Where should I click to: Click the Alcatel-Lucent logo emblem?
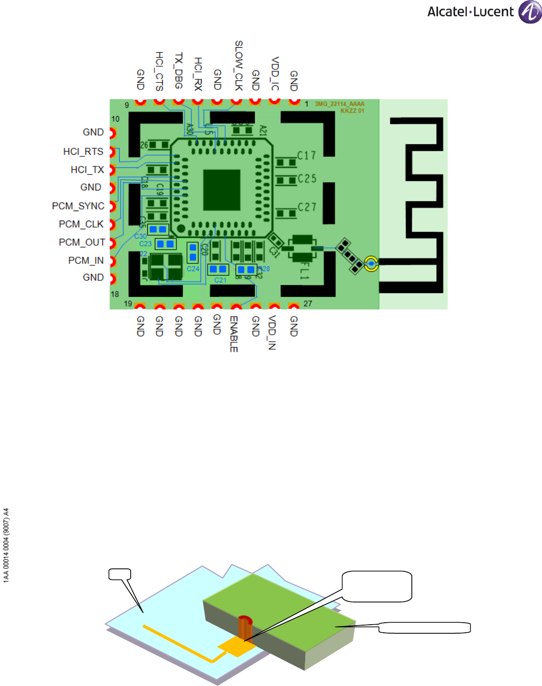click(530, 12)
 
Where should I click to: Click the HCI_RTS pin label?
click(83, 152)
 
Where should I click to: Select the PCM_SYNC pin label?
click(78, 206)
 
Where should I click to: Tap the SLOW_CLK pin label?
click(239, 65)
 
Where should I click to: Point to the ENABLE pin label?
click(234, 334)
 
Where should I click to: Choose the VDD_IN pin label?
click(272, 332)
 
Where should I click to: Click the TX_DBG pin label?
click(178, 70)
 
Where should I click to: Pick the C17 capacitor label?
click(306, 156)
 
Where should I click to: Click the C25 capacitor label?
click(307, 179)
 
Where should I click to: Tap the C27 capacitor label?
click(307, 207)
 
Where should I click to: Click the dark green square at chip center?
click(222, 190)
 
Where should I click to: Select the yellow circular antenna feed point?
click(371, 263)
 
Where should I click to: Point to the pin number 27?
click(308, 304)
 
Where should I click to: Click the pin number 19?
click(128, 304)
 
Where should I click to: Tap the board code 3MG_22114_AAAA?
click(339, 104)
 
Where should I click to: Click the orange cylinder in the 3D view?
click(244, 626)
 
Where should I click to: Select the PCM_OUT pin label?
click(82, 242)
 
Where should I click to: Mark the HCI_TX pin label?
click(87, 170)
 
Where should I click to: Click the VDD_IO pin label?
click(275, 73)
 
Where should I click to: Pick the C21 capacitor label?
click(220, 280)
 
